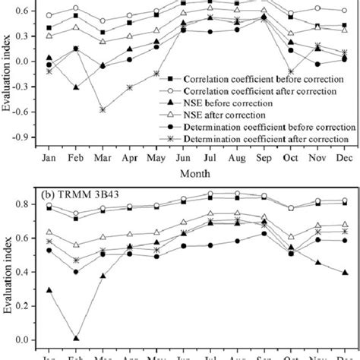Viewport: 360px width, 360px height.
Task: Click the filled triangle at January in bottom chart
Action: (49, 290)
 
